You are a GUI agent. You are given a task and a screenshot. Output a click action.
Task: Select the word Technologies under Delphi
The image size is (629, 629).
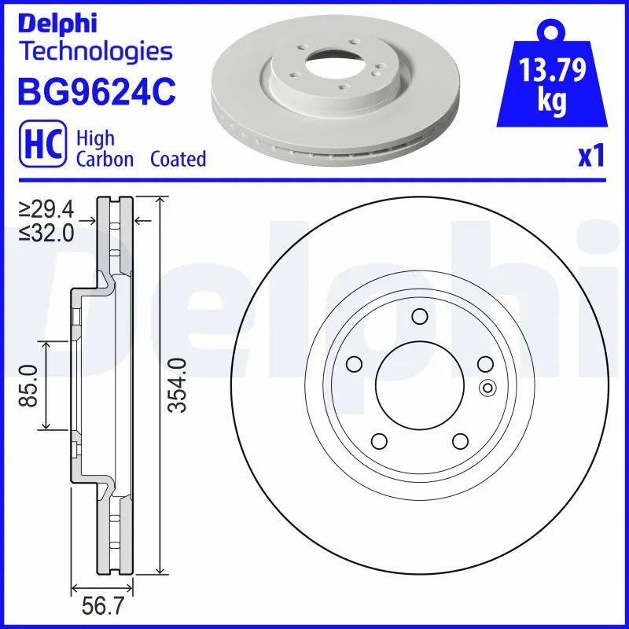(95, 52)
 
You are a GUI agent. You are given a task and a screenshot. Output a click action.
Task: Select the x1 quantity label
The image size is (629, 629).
(590, 156)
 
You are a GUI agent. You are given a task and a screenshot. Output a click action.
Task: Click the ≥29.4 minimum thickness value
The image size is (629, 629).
(46, 209)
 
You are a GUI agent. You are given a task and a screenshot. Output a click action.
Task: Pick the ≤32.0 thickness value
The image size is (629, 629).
(46, 232)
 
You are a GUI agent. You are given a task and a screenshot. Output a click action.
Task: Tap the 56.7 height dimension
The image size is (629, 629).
(102, 606)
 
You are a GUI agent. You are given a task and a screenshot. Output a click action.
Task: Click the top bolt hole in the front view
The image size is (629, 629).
(419, 317)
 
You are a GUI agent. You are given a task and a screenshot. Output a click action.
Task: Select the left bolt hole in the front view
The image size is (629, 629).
(353, 364)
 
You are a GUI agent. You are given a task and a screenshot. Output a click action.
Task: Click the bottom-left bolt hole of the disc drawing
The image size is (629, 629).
(378, 440)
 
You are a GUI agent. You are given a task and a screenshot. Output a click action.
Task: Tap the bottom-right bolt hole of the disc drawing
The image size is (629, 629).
(459, 440)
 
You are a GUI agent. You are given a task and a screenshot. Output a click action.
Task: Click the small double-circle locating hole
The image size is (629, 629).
(487, 387)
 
